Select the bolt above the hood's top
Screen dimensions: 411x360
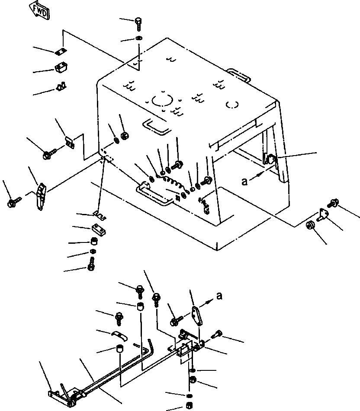(x=138, y=22)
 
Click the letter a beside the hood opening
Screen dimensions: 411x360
(x=245, y=182)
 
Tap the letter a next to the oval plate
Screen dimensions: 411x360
(x=219, y=296)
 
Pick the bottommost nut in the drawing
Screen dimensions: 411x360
(x=189, y=405)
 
